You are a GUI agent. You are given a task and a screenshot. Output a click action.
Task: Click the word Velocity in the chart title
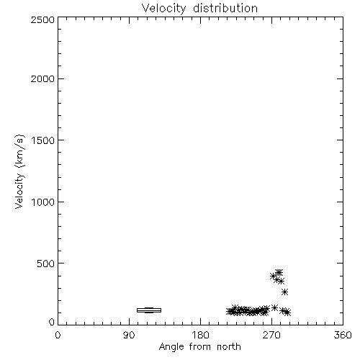pos(163,9)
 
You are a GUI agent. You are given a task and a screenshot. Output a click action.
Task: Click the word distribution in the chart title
pos(225,8)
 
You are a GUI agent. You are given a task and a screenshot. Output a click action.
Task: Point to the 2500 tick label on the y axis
pos(42,19)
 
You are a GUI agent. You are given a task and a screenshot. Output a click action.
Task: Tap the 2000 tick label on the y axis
pos(42,78)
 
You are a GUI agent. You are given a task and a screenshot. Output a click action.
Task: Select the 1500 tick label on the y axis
pos(43,140)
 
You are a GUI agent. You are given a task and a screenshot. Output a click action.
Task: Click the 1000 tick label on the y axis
pos(43,202)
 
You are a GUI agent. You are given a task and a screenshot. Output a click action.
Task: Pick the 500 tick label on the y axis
pos(46,264)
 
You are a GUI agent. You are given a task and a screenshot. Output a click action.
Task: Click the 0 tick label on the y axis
pos(52,322)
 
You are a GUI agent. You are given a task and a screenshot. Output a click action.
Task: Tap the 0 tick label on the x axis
pos(58,335)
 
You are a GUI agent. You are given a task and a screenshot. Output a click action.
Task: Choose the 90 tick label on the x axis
pos(129,335)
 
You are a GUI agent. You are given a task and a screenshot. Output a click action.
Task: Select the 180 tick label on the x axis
pos(200,335)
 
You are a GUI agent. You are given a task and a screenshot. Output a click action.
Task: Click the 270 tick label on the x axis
pos(271,335)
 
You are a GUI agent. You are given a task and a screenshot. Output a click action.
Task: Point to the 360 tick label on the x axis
pos(343,335)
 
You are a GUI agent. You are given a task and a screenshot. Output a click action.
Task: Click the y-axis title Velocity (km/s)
pos(19,171)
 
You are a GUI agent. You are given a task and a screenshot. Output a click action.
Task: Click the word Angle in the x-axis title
pos(172,347)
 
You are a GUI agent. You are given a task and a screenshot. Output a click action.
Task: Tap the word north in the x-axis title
pos(229,347)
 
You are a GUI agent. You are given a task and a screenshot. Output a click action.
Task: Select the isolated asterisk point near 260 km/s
pos(285,292)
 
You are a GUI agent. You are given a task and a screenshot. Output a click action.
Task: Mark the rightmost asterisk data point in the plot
pos(287,312)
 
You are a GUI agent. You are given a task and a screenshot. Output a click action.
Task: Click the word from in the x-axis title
pos(201,347)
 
